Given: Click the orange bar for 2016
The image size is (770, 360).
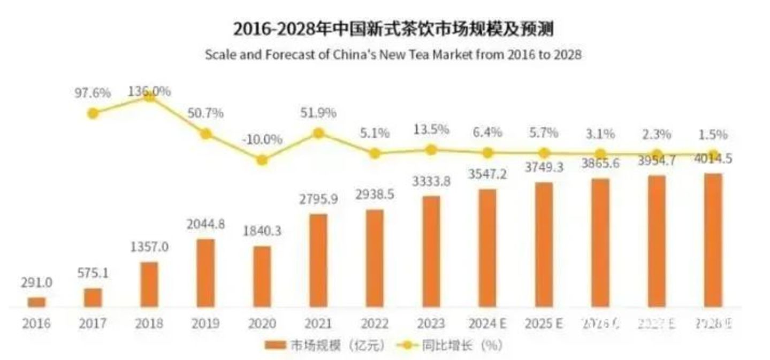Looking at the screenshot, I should pos(36,302).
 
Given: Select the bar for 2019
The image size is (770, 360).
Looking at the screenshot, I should pos(205,273).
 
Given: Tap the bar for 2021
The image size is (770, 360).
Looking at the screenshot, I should pos(318,261).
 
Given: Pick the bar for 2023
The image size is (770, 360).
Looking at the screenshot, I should pos(431,251).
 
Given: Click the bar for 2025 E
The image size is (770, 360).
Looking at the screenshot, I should pos(544,244).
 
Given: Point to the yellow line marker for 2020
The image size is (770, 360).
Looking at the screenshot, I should pos(262,160).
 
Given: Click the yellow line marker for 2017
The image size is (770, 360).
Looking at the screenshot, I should pos(93,113).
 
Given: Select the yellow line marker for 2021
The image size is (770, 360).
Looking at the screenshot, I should pos(318,133).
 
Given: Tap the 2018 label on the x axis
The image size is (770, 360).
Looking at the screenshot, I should pos(149,324).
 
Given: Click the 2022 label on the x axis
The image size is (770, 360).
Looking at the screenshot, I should pos(375,324).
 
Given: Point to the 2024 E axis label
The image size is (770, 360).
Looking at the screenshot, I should pos(487,324).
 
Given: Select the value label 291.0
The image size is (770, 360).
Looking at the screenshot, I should pos(36,282).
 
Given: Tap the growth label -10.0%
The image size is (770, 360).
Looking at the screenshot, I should pos(262,140).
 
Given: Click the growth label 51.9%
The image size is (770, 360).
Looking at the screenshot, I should pos(318,113).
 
